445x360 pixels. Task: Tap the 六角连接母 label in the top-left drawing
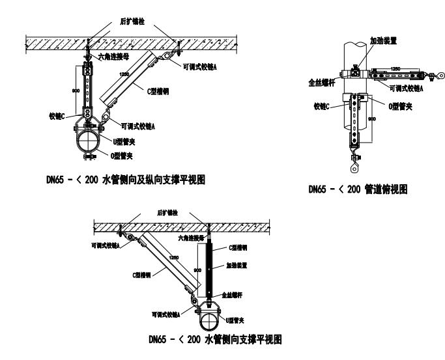coord(115,57)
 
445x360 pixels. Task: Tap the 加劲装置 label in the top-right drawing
coord(382,40)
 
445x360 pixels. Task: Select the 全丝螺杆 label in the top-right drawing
coord(323,83)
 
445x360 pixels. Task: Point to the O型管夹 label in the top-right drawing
coord(399,106)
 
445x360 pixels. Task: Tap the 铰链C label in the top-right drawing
coord(321,106)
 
